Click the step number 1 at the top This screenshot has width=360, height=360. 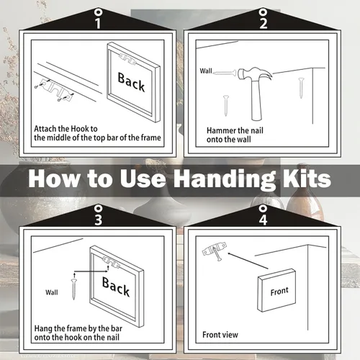[x=97, y=23]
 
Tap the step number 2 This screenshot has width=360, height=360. [x=264, y=23]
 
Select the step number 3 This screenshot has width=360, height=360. [x=98, y=220]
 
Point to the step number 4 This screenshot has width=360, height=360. [x=264, y=220]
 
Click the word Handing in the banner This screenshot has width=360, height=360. [x=224, y=179]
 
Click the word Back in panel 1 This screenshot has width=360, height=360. [x=131, y=82]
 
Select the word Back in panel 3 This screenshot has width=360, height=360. [x=116, y=287]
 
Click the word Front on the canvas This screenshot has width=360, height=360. [x=279, y=291]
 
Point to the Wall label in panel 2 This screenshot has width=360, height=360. [x=206, y=71]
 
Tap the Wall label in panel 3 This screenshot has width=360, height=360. [x=52, y=292]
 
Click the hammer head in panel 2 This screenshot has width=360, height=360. [x=254, y=73]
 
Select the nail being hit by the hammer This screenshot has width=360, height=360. [x=225, y=72]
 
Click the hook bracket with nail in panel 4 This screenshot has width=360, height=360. [x=215, y=251]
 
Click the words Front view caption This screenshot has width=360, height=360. [x=220, y=335]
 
